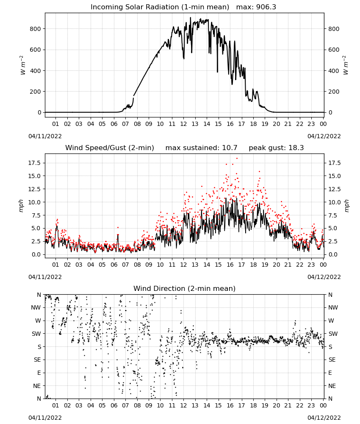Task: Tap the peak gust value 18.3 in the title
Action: click(296, 148)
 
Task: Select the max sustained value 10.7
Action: click(230, 148)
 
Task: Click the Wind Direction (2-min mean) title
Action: click(185, 288)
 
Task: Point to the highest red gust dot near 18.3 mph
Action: click(237, 159)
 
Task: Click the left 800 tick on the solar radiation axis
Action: click(36, 29)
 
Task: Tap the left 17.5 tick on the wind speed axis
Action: click(35, 163)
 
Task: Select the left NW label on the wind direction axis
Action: click(36, 307)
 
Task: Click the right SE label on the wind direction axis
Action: click(332, 360)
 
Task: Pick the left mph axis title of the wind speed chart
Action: click(21, 206)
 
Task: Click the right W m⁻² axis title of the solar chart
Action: click(346, 65)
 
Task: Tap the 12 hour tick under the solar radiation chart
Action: click(183, 124)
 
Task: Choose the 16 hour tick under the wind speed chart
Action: click(230, 265)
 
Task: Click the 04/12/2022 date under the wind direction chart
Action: click(324, 418)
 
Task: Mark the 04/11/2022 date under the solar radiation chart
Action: click(45, 136)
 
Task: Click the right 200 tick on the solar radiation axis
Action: click(334, 92)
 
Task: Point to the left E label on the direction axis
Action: click(39, 373)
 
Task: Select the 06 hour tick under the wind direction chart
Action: click(114, 405)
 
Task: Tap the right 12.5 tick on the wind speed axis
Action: click(335, 189)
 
